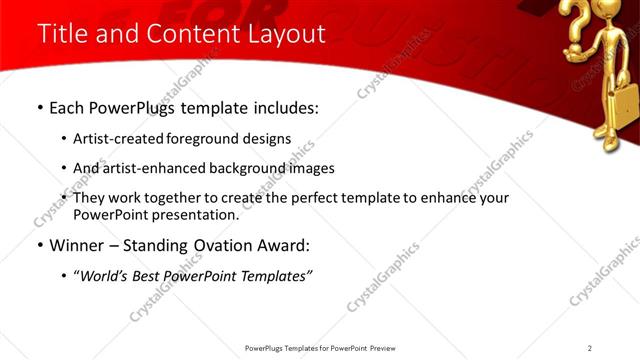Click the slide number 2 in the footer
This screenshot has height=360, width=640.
pyautogui.click(x=590, y=348)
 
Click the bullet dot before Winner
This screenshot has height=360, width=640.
pyautogui.click(x=39, y=245)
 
